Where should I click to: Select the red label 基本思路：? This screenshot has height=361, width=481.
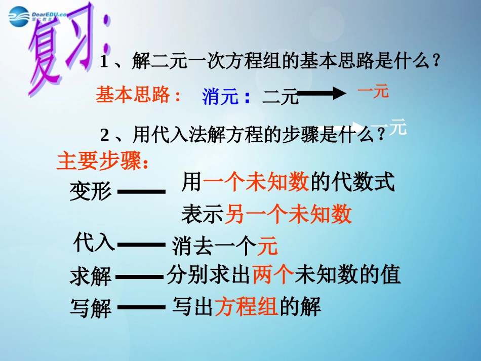[x=138, y=95]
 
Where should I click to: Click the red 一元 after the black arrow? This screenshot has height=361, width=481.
[x=373, y=92]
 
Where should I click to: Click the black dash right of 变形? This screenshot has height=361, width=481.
[x=141, y=192]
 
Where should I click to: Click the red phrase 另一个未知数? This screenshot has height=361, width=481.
[x=288, y=215]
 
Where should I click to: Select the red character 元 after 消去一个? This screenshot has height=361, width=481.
[x=268, y=247]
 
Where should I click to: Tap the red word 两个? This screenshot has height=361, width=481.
[x=273, y=274]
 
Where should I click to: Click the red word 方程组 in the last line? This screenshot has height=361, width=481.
[x=247, y=306]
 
